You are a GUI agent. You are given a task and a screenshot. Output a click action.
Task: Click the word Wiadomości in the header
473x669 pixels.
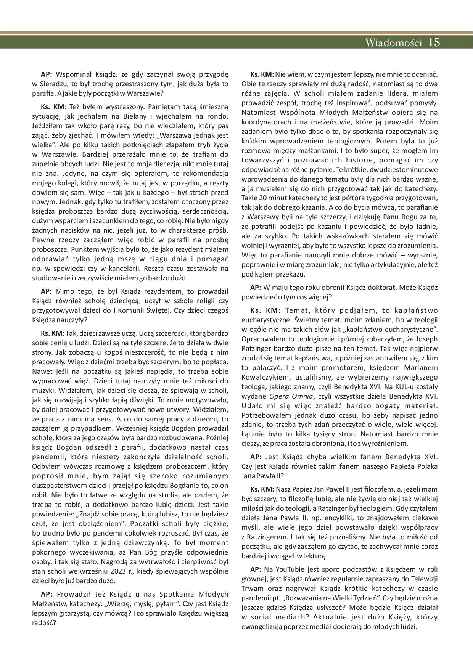pyautogui.click(x=393, y=42)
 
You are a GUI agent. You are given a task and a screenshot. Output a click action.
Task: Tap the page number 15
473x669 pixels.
pyautogui.click(x=434, y=42)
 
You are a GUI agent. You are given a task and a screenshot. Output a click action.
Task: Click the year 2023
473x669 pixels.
pyautogui.click(x=119, y=571)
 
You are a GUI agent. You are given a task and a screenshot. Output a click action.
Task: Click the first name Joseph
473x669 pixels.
pyautogui.click(x=425, y=339)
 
